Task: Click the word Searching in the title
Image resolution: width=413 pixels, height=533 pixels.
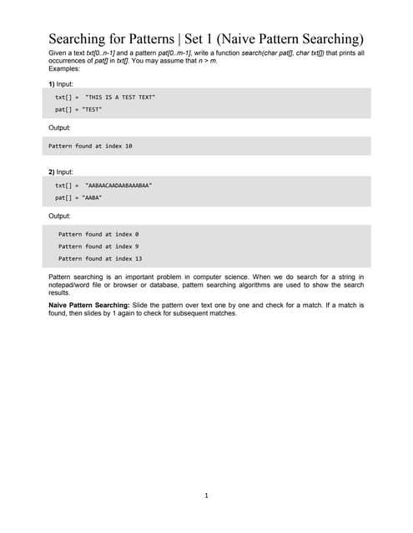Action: pyautogui.click(x=81, y=38)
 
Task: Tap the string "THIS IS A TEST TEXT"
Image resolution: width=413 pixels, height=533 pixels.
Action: pyautogui.click(x=120, y=97)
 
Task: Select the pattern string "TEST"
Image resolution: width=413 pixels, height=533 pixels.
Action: pyautogui.click(x=92, y=109)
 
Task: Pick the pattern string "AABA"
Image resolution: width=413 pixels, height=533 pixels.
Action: pyautogui.click(x=92, y=197)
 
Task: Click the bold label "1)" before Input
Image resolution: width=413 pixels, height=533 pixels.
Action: pyautogui.click(x=51, y=84)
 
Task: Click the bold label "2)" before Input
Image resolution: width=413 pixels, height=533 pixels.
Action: pyautogui.click(x=51, y=172)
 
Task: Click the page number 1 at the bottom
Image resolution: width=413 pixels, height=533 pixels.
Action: pyautogui.click(x=206, y=496)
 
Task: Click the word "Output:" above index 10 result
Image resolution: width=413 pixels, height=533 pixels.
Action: pyautogui.click(x=59, y=127)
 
